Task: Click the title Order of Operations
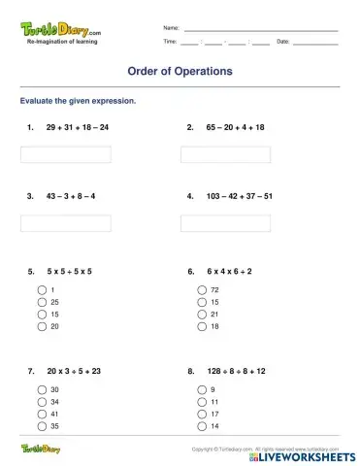pos(180,71)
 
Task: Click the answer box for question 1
pos(65,154)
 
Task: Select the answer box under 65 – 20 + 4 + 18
pos(225,154)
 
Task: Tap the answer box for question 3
pos(65,223)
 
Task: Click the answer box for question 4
pos(225,223)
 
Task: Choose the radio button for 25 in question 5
pos(42,302)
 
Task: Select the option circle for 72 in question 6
pos(202,290)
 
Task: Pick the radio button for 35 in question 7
pos(42,426)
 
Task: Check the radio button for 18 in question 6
pos(202,326)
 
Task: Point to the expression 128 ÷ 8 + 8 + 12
pos(237,371)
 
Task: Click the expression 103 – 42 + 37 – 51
pos(240,196)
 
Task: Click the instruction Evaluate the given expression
pos(78,101)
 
